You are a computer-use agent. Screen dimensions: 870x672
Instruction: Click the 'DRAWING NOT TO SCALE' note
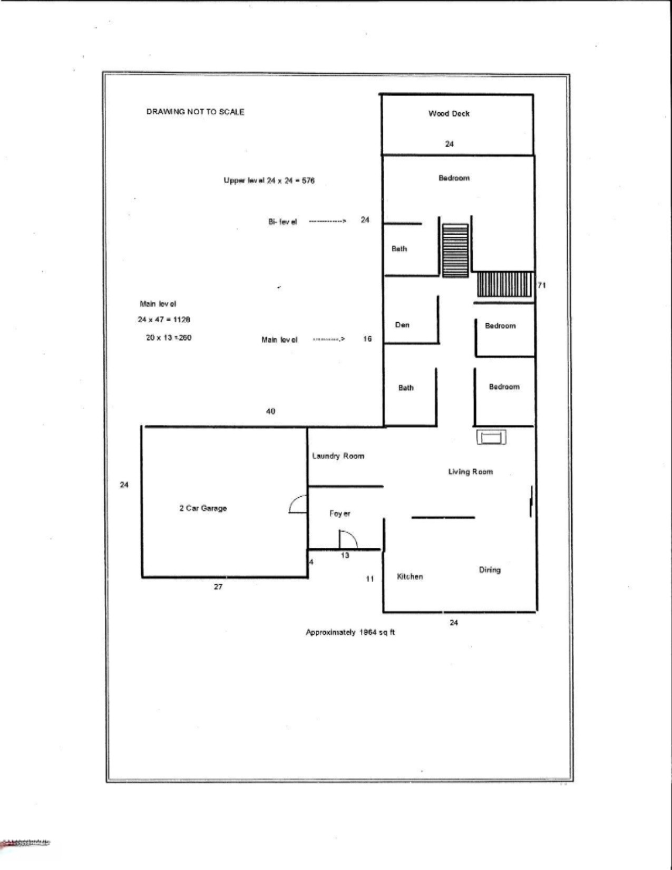(195, 112)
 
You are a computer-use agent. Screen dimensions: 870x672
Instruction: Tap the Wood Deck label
(449, 113)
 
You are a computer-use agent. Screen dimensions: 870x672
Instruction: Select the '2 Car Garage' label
(203, 508)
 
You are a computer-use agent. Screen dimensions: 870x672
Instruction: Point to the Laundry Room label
(338, 456)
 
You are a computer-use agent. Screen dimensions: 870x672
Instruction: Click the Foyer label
(340, 513)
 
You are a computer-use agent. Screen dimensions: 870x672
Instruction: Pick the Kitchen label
(410, 577)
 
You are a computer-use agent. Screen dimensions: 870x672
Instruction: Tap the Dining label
(490, 570)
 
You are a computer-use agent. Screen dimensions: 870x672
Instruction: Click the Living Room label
(471, 472)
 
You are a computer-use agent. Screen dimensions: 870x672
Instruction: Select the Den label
(402, 325)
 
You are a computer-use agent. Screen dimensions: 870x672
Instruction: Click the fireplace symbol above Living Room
(492, 437)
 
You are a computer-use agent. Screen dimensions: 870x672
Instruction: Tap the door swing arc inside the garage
(298, 504)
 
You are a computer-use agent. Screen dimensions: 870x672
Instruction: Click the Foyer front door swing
(347, 539)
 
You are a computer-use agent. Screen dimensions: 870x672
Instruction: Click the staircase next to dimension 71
(504, 285)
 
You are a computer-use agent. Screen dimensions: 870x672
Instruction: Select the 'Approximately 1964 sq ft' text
(350, 632)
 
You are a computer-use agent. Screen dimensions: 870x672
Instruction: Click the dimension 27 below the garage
(218, 587)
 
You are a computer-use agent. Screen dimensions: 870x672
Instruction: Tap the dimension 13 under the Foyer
(345, 555)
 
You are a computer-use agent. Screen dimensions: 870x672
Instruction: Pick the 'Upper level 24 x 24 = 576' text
(269, 180)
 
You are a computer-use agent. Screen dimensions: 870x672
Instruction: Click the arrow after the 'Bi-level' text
(327, 221)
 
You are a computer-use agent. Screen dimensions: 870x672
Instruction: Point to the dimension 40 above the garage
(270, 411)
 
